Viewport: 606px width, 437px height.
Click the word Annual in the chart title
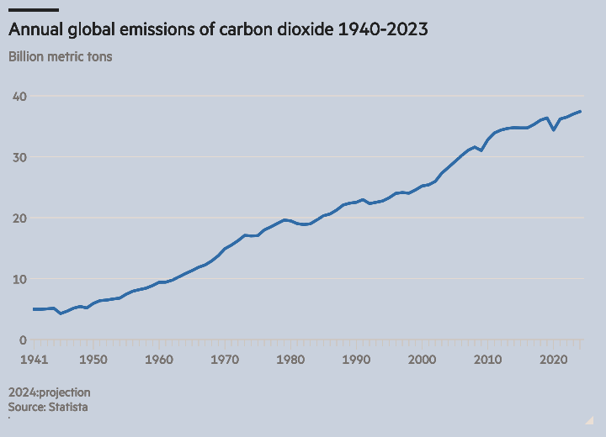(34, 29)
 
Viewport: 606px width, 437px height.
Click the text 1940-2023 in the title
(383, 29)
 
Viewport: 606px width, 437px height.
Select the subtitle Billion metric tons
(60, 57)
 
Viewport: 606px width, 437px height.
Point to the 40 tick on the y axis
(20, 97)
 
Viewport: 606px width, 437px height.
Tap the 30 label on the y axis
(20, 157)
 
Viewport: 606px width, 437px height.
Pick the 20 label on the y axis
(20, 218)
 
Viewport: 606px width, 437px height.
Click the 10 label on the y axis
(20, 279)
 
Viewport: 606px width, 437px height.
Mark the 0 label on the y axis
(24, 340)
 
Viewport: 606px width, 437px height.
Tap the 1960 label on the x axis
(159, 360)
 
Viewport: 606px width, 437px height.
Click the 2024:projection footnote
(49, 392)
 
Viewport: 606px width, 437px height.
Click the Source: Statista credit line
(48, 407)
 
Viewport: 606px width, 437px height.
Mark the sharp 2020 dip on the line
(554, 129)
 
